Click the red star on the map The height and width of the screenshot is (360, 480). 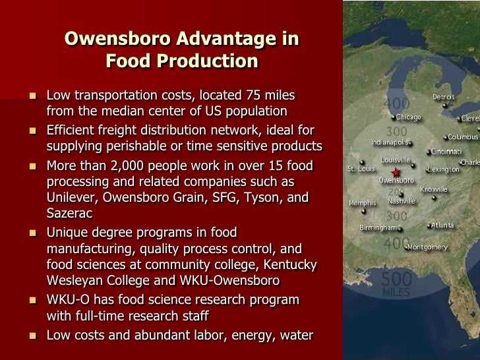[395, 172]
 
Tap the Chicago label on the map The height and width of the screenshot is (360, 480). [409, 117]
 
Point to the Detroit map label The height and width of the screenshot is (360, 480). [444, 97]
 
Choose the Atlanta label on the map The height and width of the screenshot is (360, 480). [442, 225]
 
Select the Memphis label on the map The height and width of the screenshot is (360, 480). [362, 203]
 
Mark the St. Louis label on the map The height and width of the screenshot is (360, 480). [361, 169]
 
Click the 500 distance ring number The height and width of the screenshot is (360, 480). [396, 280]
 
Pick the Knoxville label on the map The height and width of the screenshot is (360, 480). [434, 189]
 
